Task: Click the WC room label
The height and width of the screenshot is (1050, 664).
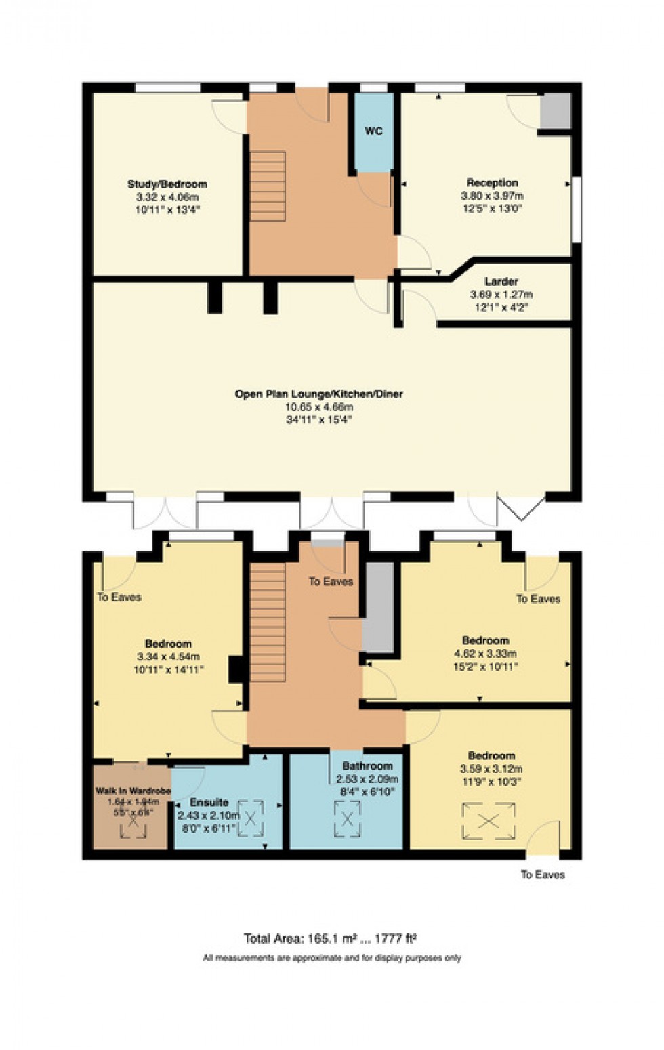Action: [x=373, y=131]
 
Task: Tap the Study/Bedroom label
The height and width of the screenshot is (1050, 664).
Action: [x=167, y=184]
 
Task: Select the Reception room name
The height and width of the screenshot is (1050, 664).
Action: [x=492, y=183]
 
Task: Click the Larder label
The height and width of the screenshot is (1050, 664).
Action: [x=501, y=281]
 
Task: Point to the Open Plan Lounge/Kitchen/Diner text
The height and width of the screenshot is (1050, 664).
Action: [x=318, y=394]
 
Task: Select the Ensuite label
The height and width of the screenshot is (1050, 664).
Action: [x=209, y=802]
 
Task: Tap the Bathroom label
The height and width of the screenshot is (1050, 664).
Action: [x=367, y=766]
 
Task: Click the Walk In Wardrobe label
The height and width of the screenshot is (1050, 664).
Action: [x=131, y=791]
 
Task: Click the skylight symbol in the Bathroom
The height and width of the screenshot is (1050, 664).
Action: [x=347, y=818]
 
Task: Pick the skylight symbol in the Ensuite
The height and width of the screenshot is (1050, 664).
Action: [x=250, y=818]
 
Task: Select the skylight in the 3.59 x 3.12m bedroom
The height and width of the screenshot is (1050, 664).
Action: [x=489, y=821]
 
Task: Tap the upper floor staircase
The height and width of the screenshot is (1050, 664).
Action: [x=268, y=623]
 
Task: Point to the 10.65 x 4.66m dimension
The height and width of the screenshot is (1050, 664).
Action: [x=318, y=407]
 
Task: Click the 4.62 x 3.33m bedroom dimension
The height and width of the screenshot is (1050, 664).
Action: [x=485, y=654]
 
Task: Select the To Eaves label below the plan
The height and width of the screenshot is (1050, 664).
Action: [x=543, y=875]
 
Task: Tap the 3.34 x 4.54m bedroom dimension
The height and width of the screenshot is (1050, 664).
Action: [x=168, y=656]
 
